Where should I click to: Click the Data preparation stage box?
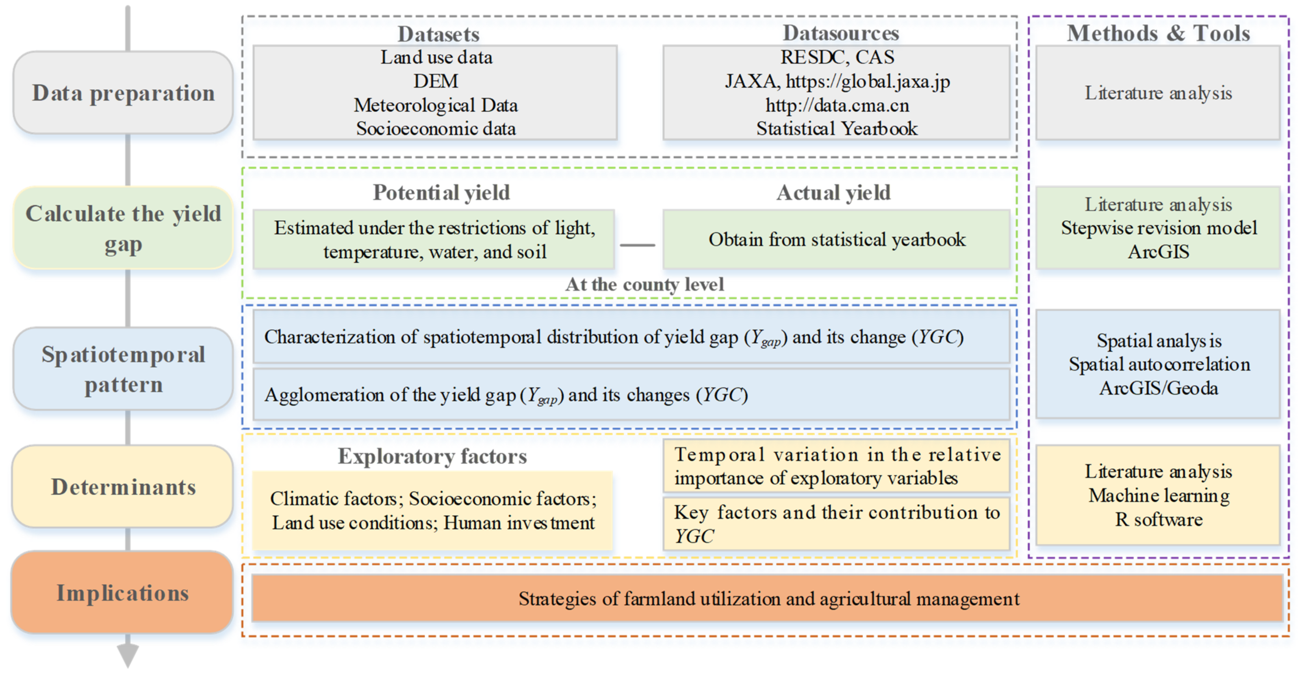point(123,93)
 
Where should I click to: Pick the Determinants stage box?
point(123,487)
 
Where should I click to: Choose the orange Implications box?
point(122,593)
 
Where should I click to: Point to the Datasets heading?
point(438,34)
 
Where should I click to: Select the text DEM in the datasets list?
point(436,81)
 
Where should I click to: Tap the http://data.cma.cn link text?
point(837,105)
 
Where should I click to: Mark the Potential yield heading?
point(441,193)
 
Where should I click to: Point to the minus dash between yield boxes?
point(637,245)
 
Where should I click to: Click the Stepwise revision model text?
point(1159,228)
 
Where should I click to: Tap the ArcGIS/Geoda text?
point(1159,388)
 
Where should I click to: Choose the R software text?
point(1159,519)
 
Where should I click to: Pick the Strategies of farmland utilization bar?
point(768,598)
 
